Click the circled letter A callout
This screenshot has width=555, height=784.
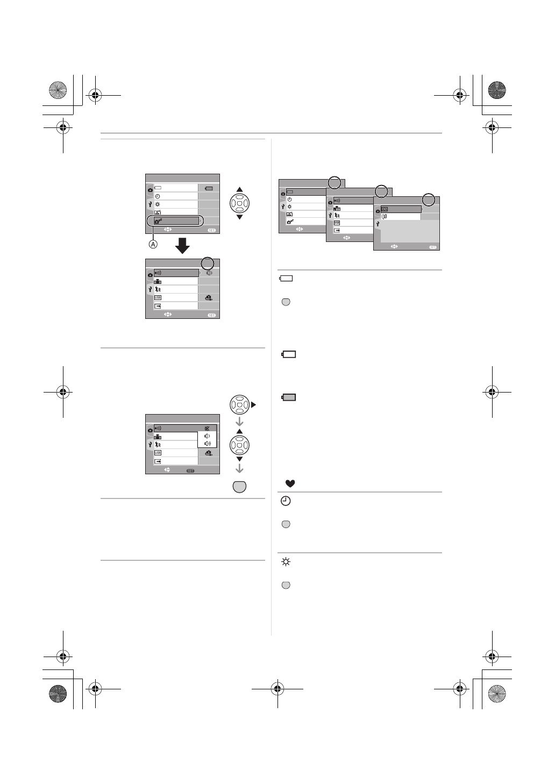pos(153,244)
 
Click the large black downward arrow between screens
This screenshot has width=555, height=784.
pos(183,246)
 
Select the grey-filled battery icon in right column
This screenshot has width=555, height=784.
pos(289,397)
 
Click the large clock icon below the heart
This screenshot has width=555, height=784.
pos(286,501)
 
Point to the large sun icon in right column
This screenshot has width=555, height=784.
pos(286,562)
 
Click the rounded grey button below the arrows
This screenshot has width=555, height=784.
pos(240,486)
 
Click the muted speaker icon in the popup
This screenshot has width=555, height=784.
pos(207,429)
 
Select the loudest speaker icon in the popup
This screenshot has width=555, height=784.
pos(207,444)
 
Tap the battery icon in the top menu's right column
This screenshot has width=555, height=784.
pos(209,188)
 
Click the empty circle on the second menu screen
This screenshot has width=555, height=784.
pos(207,263)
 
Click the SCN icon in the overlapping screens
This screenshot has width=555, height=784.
pos(385,209)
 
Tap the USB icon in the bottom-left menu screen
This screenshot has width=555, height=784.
pos(158,453)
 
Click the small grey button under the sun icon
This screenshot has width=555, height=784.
pos(286,585)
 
